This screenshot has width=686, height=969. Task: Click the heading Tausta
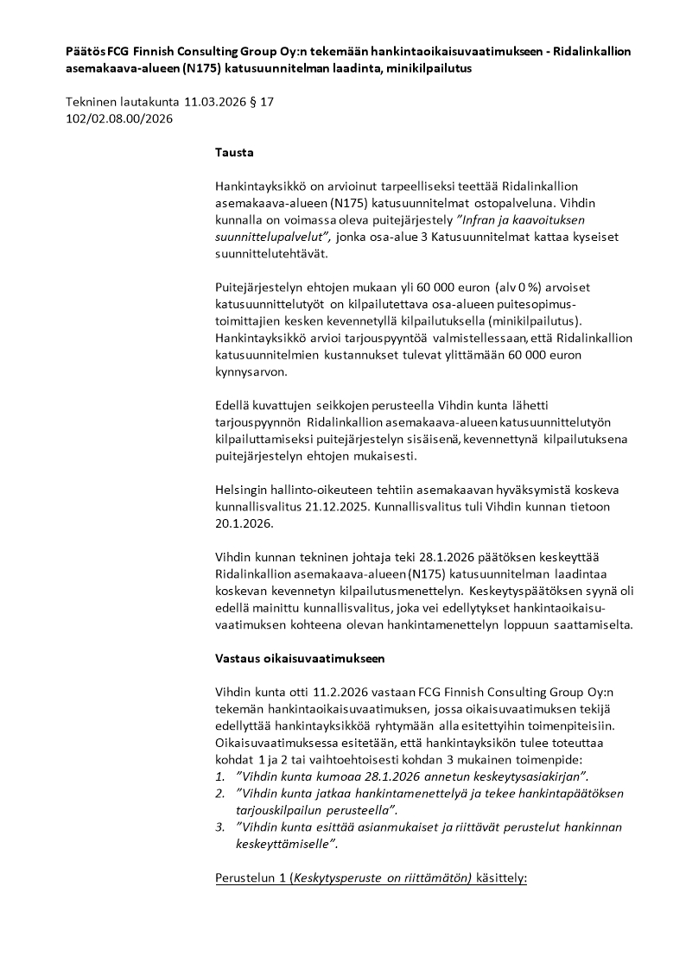point(234,153)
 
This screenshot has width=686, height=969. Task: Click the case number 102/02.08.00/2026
point(119,118)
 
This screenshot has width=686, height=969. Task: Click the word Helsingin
point(243,490)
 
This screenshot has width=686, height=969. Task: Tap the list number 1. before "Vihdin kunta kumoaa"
point(219,776)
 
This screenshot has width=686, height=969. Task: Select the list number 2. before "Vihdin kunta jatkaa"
point(219,793)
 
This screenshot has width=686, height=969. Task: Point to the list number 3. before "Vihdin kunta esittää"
point(219,826)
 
